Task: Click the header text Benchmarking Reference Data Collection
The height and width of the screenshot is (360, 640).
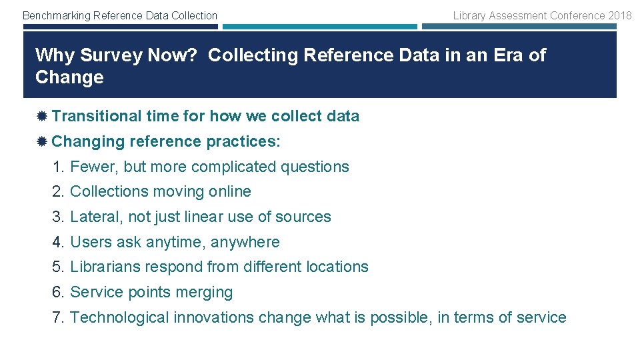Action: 120,15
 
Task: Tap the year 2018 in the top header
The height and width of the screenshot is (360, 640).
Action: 619,15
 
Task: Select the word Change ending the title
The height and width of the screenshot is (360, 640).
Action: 69,77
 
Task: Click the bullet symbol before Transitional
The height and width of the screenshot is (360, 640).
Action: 41,117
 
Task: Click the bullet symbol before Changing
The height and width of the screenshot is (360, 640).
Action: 41,142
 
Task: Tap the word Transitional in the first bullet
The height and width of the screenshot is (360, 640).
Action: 97,116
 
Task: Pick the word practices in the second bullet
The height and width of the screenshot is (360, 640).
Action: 242,141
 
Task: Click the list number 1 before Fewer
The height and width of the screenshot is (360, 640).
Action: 57,167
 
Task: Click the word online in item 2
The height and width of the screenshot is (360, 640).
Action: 230,192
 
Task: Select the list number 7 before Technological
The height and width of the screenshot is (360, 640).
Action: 57,317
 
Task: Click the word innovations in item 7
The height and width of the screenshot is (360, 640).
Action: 214,317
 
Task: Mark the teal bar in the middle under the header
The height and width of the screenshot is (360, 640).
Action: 319,27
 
